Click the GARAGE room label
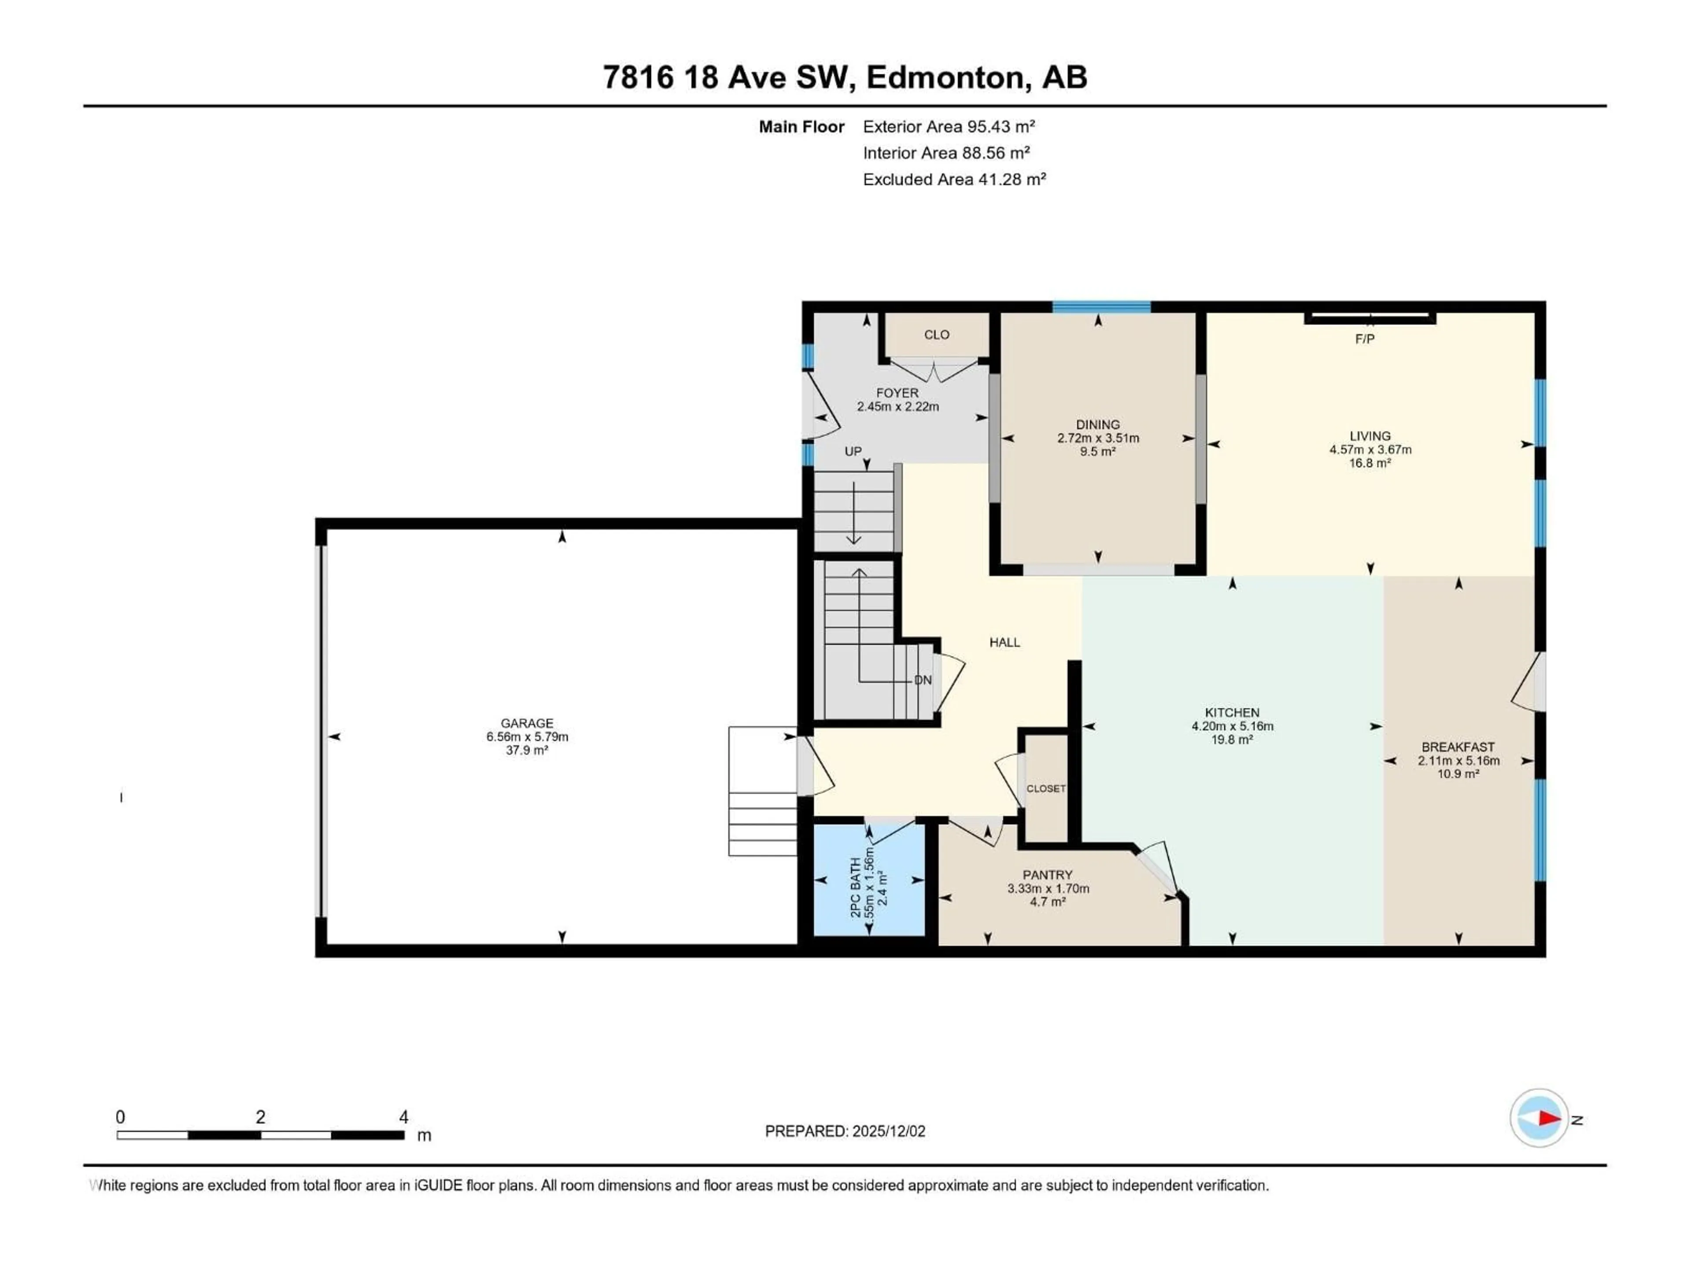coord(527,723)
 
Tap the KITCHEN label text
coord(1232,712)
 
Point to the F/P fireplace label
coord(1365,339)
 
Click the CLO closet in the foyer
coord(937,335)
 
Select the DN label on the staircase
coord(923,680)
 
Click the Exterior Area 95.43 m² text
coord(948,127)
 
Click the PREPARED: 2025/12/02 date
coord(845,1131)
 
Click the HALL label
coord(1004,642)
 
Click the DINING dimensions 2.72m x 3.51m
coord(1098,438)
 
